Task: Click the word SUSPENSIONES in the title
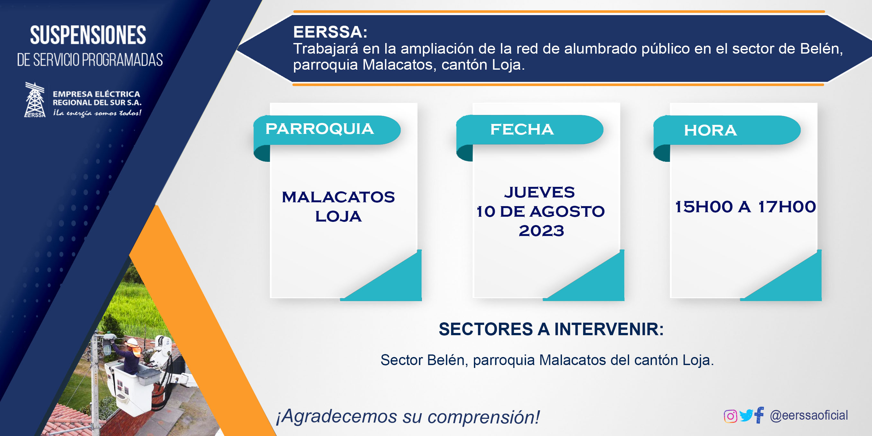[x=88, y=35]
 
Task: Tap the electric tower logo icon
[x=35, y=100]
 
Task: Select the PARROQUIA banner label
[x=320, y=129]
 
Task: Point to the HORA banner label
[x=710, y=130]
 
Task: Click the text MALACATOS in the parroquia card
[x=338, y=197]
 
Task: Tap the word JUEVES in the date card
[x=539, y=192]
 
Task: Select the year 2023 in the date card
[x=541, y=231]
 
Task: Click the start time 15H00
[x=704, y=207]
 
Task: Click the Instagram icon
[x=730, y=416]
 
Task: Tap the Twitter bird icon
[x=746, y=415]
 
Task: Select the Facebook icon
[x=759, y=415]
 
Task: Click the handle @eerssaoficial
[x=809, y=415]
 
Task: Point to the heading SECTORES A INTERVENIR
[x=551, y=329]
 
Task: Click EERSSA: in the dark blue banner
[x=330, y=32]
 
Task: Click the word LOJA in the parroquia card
[x=338, y=216]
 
